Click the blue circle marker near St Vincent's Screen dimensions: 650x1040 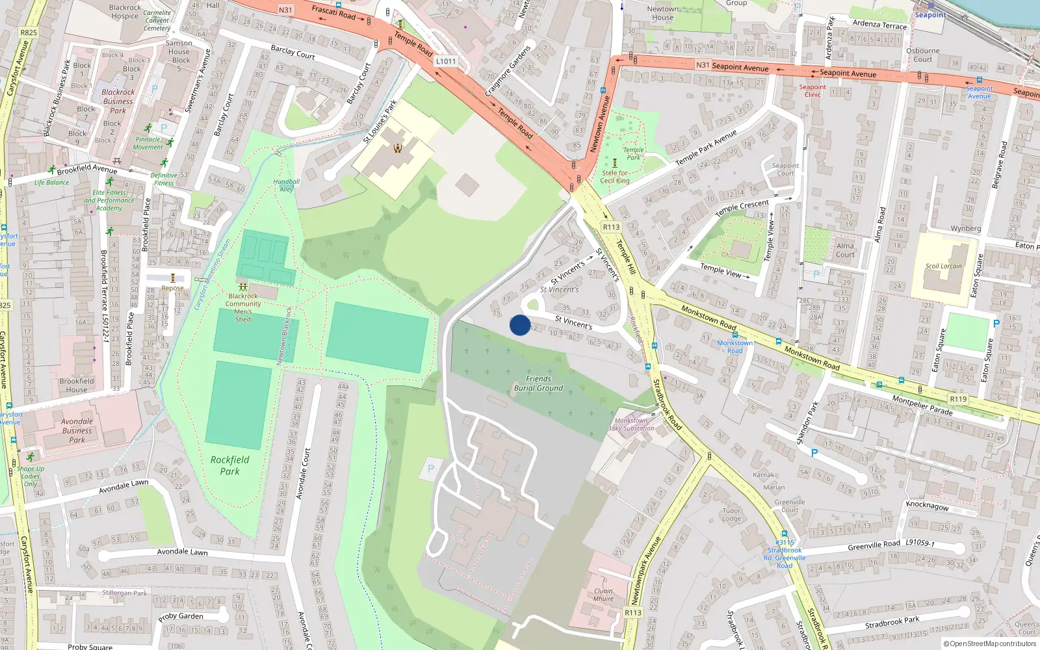pos(520,325)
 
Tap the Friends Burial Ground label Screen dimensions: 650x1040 pos(538,383)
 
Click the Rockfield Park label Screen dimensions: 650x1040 pos(229,465)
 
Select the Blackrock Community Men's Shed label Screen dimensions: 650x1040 pos(243,307)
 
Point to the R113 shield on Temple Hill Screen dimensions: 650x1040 pos(611,227)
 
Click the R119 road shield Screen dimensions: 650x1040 pos(958,399)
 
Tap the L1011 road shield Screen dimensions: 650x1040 pos(446,61)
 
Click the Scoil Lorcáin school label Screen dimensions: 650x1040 pos(943,266)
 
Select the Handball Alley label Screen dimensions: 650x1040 pos(287,185)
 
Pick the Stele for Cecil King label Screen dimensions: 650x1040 pos(614,177)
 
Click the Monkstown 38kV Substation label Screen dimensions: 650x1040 pos(631,424)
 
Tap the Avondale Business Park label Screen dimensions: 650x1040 pos(77,430)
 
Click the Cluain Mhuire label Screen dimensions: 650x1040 pos(603,595)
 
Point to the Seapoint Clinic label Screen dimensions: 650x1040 pos(812,90)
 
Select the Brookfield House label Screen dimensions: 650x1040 pos(77,385)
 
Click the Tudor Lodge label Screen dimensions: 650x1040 pos(731,514)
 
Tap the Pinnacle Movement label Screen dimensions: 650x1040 pos(148,143)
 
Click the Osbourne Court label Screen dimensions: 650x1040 pos(922,55)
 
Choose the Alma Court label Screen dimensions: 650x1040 pos(845,250)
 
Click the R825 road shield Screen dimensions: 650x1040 pos(29,32)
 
